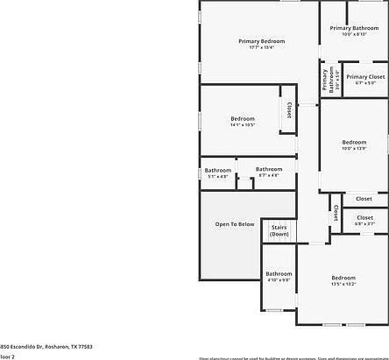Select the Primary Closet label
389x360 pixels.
(x=365, y=77)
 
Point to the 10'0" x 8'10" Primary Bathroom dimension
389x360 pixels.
(x=353, y=34)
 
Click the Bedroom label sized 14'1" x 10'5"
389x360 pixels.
(x=243, y=118)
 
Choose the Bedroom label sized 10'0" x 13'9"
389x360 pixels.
(x=354, y=142)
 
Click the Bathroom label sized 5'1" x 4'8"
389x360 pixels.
(x=218, y=170)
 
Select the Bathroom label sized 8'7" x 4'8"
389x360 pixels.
(x=269, y=169)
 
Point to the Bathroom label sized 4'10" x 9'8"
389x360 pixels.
(x=279, y=273)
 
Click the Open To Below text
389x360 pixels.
(x=235, y=224)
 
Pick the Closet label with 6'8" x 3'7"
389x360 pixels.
(x=364, y=217)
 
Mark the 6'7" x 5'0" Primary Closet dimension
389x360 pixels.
(x=365, y=83)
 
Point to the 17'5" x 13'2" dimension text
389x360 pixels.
(x=343, y=284)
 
